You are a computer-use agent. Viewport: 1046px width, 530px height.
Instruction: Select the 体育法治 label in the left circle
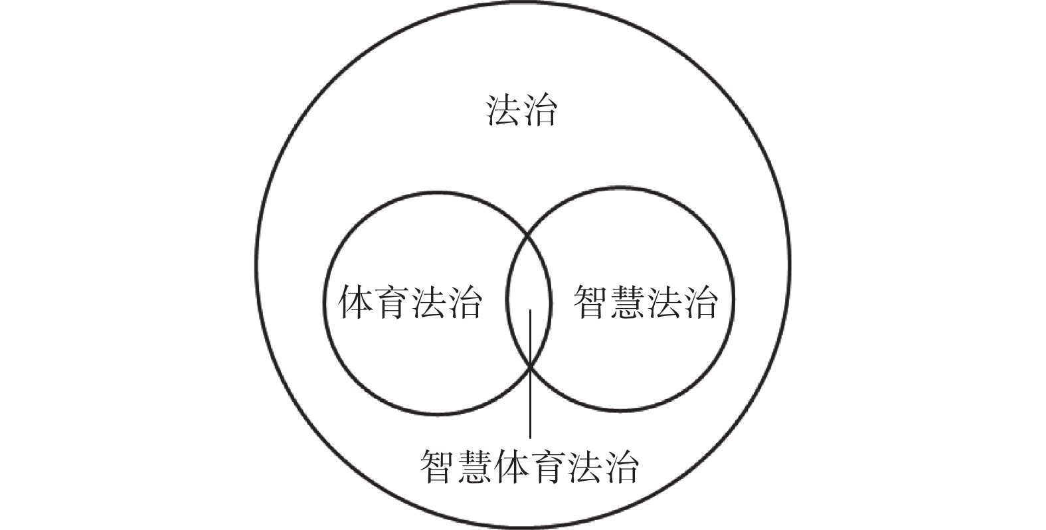[x=410, y=303]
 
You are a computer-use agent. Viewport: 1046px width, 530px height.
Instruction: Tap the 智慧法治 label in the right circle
[x=646, y=303]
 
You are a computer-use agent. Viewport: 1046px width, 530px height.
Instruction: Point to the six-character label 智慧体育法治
[x=529, y=466]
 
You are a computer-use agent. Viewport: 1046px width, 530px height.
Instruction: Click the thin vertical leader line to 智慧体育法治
[x=530, y=398]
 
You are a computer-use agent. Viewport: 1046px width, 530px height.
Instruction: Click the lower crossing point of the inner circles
[x=530, y=364]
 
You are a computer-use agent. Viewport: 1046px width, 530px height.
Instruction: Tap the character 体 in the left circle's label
[x=356, y=303]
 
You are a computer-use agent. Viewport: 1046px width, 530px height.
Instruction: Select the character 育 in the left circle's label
[x=392, y=303]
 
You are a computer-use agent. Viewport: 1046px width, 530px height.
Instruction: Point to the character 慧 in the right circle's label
[x=628, y=303]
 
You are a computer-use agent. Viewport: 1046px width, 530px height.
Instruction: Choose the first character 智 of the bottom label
[x=438, y=466]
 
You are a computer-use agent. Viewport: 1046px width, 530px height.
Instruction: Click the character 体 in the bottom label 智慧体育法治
[x=511, y=466]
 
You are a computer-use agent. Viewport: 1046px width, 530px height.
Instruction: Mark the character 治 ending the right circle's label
[x=700, y=303]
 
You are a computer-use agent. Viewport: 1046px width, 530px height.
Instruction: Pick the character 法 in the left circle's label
[x=428, y=303]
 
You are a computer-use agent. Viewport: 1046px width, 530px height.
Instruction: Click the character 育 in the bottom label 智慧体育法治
[x=548, y=466]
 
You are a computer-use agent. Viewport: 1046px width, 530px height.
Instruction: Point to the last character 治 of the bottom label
[x=621, y=466]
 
